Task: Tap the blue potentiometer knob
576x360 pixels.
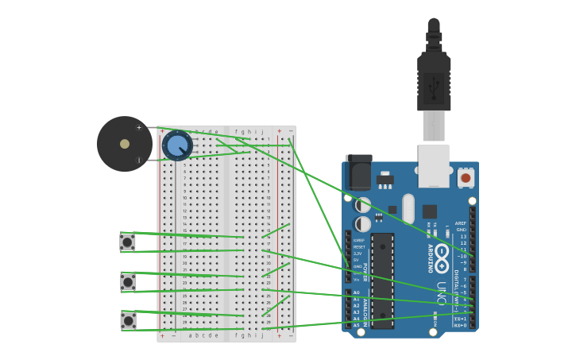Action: tap(177, 145)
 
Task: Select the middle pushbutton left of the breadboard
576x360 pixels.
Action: tap(127, 282)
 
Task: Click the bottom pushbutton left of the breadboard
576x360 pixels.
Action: tap(127, 320)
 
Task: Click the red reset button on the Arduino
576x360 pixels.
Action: tap(466, 178)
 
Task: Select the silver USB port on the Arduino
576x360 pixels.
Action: tap(434, 165)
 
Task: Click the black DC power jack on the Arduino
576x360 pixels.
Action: tap(359, 173)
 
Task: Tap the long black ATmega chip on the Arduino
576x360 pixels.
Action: tap(382, 280)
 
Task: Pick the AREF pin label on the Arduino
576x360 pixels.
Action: tap(461, 223)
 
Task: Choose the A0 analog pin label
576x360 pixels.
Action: tap(356, 292)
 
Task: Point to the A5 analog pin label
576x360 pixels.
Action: tap(356, 325)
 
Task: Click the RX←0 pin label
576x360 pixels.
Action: tap(460, 325)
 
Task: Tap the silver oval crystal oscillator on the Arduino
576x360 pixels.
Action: tap(408, 209)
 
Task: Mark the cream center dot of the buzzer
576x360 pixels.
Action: tap(125, 144)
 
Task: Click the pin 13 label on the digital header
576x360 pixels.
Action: tap(463, 236)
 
